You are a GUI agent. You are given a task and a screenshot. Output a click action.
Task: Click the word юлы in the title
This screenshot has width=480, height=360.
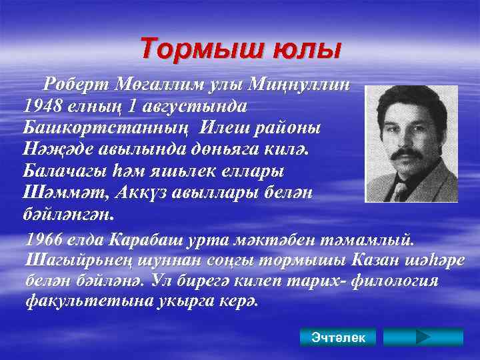tap(309, 49)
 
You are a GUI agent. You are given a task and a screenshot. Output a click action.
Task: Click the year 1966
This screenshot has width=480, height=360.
tap(49, 239)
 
